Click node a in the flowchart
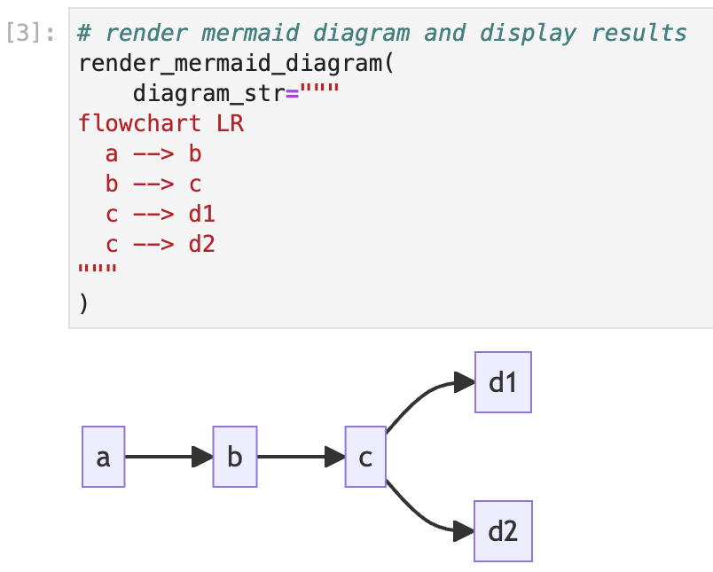103,457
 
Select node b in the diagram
235,457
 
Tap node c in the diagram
365,457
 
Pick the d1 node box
503,382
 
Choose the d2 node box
503,531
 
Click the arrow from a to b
168,457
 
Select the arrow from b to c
301,457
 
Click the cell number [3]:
30,34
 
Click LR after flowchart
230,124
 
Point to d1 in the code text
202,214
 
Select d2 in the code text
202,244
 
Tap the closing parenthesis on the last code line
83,303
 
